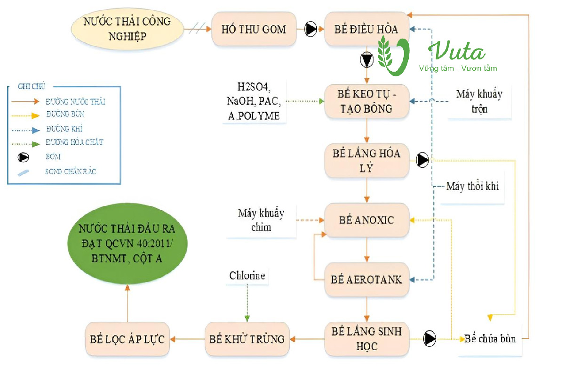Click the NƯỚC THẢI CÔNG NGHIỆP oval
tap(127, 29)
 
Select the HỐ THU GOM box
tap(254, 29)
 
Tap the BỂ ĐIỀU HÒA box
tap(366, 29)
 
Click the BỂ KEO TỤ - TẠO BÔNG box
tap(366, 101)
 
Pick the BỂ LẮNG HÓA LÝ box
tap(366, 160)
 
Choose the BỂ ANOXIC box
tap(366, 220)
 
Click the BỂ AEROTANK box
tap(366, 279)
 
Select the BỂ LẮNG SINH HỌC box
tap(366, 338)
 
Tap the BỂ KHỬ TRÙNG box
tap(247, 338)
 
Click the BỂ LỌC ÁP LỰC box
tap(127, 338)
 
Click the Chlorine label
tap(247, 275)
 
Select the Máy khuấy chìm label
tap(261, 220)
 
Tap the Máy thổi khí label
tap(472, 186)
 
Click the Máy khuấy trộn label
tap(479, 101)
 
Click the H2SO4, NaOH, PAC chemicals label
tap(254, 101)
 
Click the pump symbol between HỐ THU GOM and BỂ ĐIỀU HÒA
tap(311, 29)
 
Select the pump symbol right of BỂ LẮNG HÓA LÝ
tap(422, 160)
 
